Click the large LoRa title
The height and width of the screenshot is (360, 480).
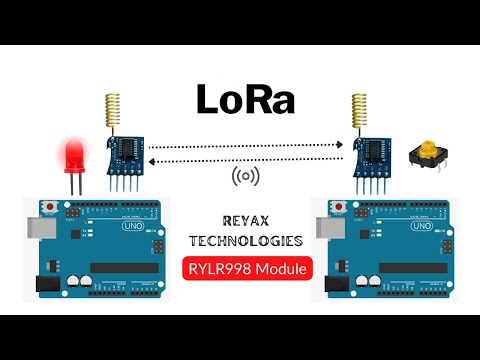pyautogui.click(x=240, y=101)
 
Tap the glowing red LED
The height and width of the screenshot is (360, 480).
pyautogui.click(x=73, y=156)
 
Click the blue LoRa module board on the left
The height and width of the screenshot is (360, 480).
pyautogui.click(x=125, y=152)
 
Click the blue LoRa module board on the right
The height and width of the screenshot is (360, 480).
pyautogui.click(x=372, y=152)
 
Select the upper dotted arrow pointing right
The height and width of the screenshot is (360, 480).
pyautogui.click(x=244, y=146)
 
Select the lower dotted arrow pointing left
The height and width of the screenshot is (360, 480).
pyautogui.click(x=244, y=158)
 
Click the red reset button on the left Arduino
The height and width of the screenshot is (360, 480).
pyautogui.click(x=51, y=206)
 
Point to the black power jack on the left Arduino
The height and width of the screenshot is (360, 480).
pyautogui.click(x=40, y=284)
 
